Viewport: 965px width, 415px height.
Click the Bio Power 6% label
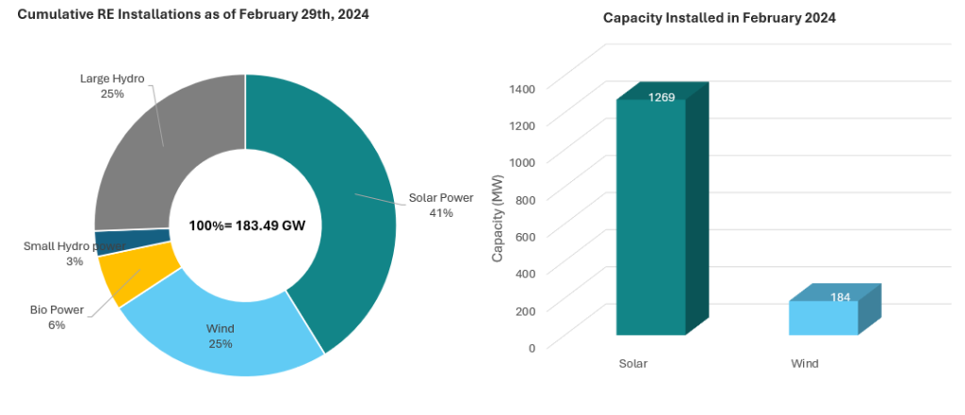[57, 317]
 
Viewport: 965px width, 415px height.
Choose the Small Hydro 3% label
[74, 253]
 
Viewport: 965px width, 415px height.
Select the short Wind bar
[823, 317]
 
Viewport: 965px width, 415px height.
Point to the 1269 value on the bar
[661, 97]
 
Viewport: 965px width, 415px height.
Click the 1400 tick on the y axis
[522, 89]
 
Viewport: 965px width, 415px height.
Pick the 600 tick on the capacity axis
[525, 237]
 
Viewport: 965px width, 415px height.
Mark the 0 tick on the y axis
[532, 348]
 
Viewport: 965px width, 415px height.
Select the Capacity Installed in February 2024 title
[720, 18]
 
